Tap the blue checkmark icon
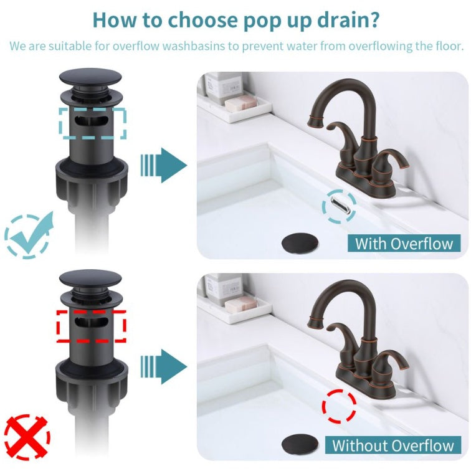(29, 234)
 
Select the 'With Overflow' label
(404, 243)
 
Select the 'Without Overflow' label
(392, 445)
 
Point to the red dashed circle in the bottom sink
(339, 407)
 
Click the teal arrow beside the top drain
(163, 165)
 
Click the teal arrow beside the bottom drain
(163, 366)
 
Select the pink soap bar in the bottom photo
(240, 305)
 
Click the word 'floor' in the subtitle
(448, 46)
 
